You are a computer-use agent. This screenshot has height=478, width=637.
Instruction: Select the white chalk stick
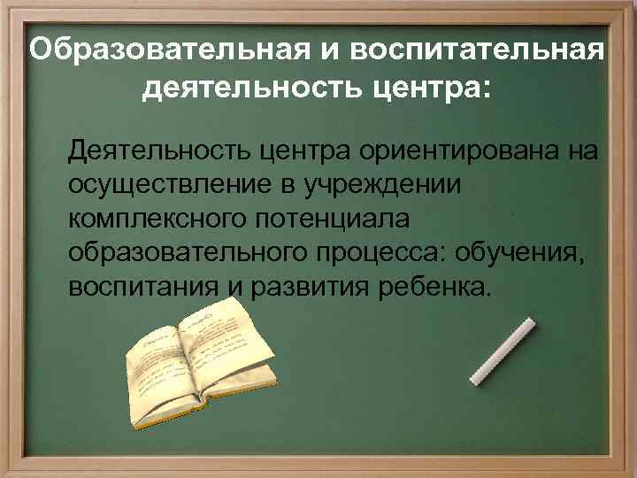pyautogui.click(x=503, y=352)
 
